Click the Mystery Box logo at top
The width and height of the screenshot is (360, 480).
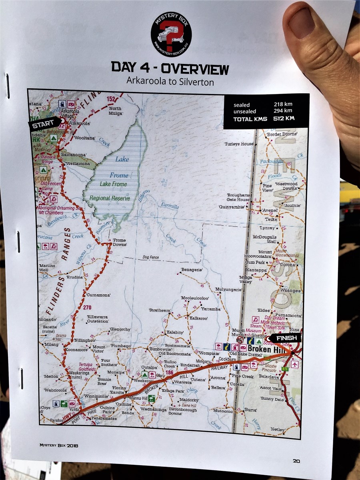pyautogui.click(x=171, y=34)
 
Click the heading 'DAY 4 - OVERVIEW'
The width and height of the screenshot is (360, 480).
pyautogui.click(x=170, y=68)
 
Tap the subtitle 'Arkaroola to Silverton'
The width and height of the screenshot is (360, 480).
pyautogui.click(x=170, y=82)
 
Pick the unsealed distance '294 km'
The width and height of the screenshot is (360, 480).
pyautogui.click(x=282, y=111)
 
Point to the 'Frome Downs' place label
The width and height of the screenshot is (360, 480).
pyautogui.click(x=119, y=242)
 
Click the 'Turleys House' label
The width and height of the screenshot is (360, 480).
pyautogui.click(x=239, y=144)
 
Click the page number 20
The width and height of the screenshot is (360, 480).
pyautogui.click(x=296, y=460)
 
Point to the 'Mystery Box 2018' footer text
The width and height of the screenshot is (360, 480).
pyautogui.click(x=58, y=445)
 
